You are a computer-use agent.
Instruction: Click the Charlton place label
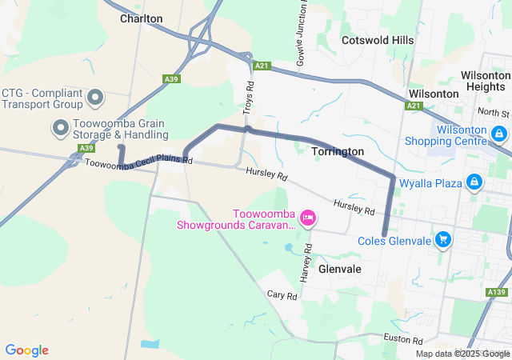pos(141,18)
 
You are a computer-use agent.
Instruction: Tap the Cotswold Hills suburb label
pos(378,40)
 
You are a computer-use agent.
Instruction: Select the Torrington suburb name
pos(338,151)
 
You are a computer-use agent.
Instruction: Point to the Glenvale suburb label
pos(340,270)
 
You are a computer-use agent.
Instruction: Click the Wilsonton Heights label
pos(485,80)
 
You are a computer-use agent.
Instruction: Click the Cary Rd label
pos(282,295)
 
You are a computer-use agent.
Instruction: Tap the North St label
pos(494,113)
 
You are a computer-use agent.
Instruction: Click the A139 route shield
pos(496,293)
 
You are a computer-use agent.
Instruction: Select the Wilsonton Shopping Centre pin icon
pos(499,133)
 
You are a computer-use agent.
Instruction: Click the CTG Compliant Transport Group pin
pos(95,98)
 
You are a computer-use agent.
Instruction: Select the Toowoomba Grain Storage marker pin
pos(60,126)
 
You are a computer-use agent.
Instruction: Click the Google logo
pos(26,350)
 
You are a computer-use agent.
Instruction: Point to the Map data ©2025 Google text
pos(463,354)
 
